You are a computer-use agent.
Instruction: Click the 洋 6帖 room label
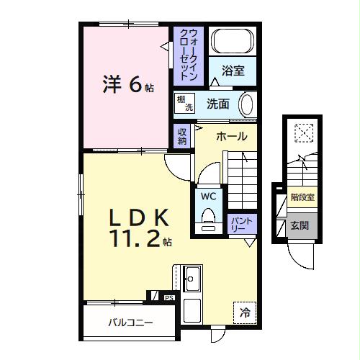(125, 86)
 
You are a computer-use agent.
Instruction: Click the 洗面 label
(218, 104)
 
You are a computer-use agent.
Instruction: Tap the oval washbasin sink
(246, 104)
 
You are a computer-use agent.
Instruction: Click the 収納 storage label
(182, 136)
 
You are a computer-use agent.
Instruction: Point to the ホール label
(231, 136)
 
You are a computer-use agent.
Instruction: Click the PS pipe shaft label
(169, 297)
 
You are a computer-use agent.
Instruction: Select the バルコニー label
(130, 323)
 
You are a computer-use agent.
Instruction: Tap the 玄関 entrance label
(300, 225)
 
